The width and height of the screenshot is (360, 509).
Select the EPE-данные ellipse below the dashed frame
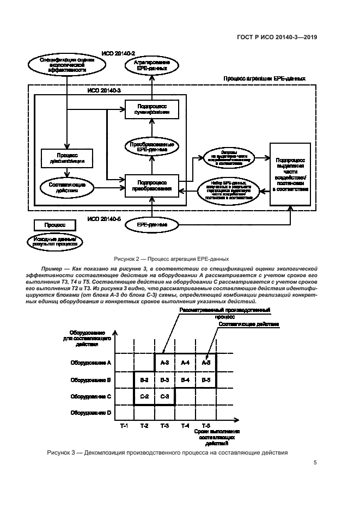[152, 224]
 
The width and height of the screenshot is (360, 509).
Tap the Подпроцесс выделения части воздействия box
[290, 174]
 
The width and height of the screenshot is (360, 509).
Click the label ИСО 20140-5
[103, 219]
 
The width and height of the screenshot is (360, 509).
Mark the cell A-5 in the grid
[205, 362]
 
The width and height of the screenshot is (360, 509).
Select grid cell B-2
[144, 379]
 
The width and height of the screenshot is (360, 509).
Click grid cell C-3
[165, 396]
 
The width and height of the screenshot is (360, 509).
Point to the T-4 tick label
[185, 425]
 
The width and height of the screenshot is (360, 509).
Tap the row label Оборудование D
[90, 413]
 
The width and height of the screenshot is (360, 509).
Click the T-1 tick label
[124, 425]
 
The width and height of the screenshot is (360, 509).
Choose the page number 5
[315, 463]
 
